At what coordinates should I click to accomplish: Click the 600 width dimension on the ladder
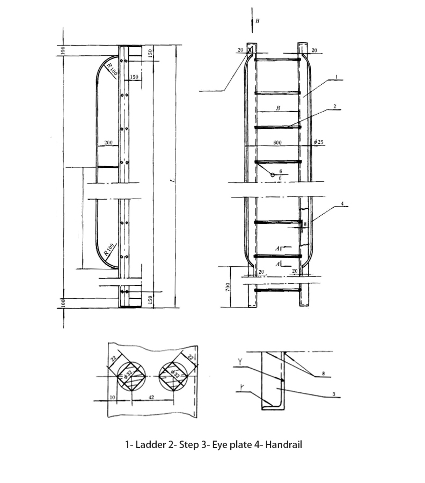coord(277,143)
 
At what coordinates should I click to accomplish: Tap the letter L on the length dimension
coord(173,179)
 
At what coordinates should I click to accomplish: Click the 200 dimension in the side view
coord(108,143)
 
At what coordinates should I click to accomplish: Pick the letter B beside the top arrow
coord(257,21)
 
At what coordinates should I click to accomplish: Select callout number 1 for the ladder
coord(335,77)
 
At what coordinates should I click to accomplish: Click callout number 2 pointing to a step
coord(334,106)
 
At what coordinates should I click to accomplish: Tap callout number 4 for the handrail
coord(342,204)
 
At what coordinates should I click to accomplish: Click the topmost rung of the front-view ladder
coord(277,59)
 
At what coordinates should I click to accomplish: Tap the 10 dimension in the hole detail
coord(112,397)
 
